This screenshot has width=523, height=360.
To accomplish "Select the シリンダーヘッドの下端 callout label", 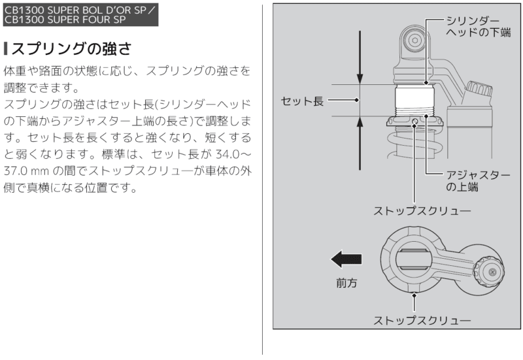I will (475, 26).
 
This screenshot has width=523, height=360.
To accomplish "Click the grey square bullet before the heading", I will (6, 49).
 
